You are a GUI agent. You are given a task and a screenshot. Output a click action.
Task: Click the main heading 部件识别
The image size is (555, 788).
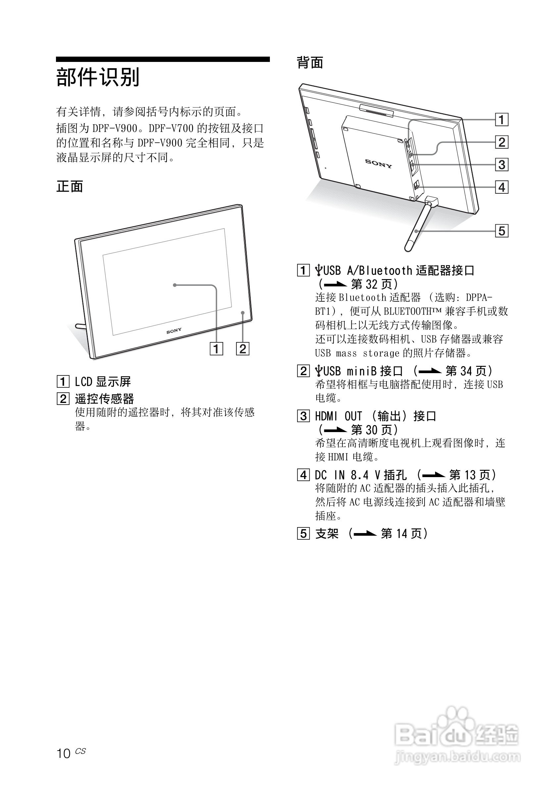click(x=98, y=77)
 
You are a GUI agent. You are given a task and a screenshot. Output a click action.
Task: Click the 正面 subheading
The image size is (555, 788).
click(x=70, y=187)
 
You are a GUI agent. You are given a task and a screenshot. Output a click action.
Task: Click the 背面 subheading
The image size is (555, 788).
click(x=310, y=63)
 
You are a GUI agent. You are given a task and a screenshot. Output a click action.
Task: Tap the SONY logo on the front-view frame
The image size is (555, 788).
click(x=174, y=331)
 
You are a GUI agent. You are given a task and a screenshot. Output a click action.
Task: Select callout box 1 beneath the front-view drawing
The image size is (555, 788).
click(x=216, y=349)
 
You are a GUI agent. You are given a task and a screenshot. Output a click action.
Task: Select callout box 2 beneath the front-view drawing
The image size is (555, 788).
click(x=243, y=349)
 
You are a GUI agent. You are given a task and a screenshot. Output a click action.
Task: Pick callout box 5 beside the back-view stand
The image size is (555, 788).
click(x=501, y=231)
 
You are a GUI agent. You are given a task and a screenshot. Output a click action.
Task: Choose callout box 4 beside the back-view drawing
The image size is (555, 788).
click(x=501, y=187)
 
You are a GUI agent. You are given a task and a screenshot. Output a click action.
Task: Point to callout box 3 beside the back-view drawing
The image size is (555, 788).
click(x=501, y=165)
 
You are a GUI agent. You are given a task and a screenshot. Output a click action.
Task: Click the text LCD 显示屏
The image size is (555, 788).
click(x=103, y=382)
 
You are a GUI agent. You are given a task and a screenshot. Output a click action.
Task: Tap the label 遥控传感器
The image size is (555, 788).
click(x=104, y=399)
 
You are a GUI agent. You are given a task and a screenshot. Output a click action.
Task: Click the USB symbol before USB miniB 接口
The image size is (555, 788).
click(x=319, y=371)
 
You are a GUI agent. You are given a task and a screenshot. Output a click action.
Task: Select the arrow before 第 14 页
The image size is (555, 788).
click(x=365, y=534)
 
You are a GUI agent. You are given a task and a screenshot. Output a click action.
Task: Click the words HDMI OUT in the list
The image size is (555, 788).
click(x=338, y=416)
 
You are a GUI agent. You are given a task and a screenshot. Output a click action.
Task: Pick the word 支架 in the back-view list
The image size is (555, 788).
click(x=327, y=534)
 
